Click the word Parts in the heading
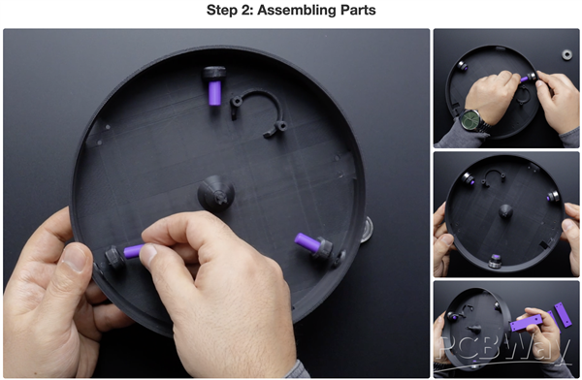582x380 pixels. pos(357,10)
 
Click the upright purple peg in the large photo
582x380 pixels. pos(214,93)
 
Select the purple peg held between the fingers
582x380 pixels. pos(134,251)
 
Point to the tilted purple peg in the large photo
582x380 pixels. pos(307,241)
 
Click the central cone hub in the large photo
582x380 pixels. pos(216,193)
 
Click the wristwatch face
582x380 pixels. pos(470,120)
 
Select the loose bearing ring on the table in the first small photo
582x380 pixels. pos(566,55)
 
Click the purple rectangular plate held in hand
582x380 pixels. pos(527,323)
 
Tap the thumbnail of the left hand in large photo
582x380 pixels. pos(75,258)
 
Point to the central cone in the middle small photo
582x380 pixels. pos(505,211)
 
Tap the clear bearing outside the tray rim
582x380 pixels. pos(366,231)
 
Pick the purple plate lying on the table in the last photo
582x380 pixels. pos(563,314)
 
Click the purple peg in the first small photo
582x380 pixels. pos(525,79)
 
